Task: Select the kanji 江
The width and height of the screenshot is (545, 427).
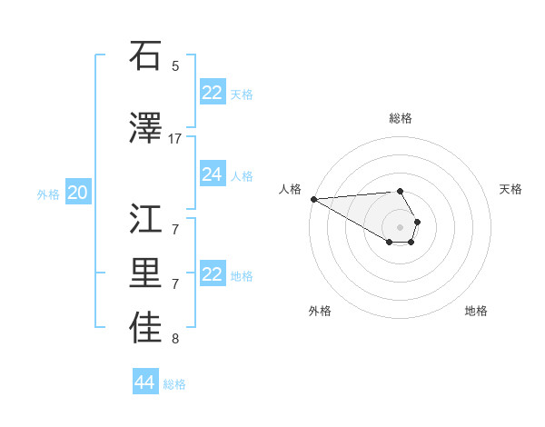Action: (145, 218)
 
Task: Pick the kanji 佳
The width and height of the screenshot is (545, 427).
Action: (145, 329)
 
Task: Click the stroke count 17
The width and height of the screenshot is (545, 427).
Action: (175, 138)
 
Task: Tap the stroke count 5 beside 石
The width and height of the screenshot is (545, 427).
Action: (175, 65)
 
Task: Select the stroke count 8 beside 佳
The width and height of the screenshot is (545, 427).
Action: (175, 339)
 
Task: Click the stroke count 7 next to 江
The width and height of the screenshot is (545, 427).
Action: (175, 228)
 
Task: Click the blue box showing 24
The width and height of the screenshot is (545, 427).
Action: (212, 174)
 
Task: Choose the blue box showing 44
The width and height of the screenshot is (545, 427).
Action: (144, 382)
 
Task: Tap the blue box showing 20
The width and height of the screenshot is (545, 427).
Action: (77, 193)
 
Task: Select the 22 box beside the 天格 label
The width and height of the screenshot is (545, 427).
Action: (212, 93)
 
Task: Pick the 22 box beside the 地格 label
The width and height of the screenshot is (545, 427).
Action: (212, 274)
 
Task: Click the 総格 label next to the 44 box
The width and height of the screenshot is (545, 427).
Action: (174, 384)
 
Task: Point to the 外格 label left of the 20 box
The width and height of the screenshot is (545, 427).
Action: (47, 194)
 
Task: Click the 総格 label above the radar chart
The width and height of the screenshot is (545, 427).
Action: (401, 118)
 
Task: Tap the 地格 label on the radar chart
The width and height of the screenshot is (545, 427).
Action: (476, 311)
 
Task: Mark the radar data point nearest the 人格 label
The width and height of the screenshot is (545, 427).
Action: (313, 199)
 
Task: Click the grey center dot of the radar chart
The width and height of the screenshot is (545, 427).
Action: (400, 226)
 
